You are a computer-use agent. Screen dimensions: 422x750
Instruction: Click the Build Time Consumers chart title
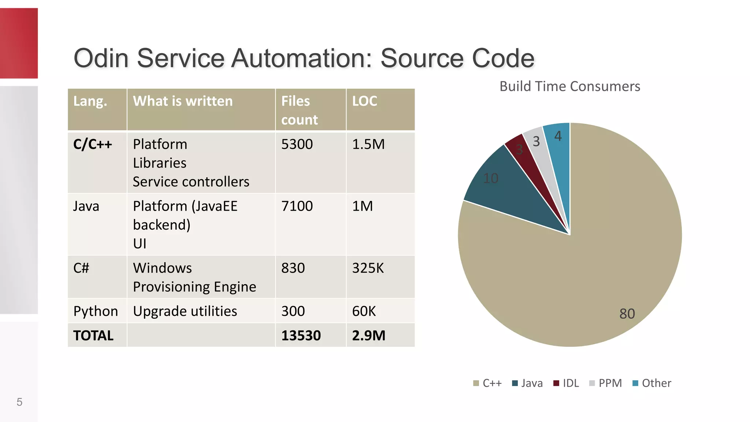pos(569,86)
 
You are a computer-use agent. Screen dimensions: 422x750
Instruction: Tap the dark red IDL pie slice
pos(527,158)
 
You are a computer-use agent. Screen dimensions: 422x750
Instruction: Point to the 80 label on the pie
pos(627,314)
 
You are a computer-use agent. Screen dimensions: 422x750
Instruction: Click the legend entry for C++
pos(488,383)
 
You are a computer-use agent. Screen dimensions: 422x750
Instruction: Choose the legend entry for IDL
pos(566,383)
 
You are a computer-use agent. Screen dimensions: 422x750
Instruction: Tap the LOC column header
pos(365,101)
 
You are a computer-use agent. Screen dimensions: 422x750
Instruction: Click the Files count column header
pos(299,110)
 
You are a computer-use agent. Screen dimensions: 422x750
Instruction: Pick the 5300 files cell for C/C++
pos(297,144)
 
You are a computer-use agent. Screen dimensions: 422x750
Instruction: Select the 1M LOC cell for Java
pos(362,206)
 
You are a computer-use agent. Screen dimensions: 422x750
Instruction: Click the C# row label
pos(81,268)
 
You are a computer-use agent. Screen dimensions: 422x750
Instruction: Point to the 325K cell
pos(368,268)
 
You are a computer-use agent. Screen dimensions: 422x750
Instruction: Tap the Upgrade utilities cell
pos(185,311)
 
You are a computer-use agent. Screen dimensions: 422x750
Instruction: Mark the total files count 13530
pos(301,336)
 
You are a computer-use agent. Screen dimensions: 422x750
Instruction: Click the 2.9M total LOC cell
pos(368,336)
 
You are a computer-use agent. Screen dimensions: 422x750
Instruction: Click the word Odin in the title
pos(101,58)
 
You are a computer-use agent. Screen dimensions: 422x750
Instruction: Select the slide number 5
pos(19,402)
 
